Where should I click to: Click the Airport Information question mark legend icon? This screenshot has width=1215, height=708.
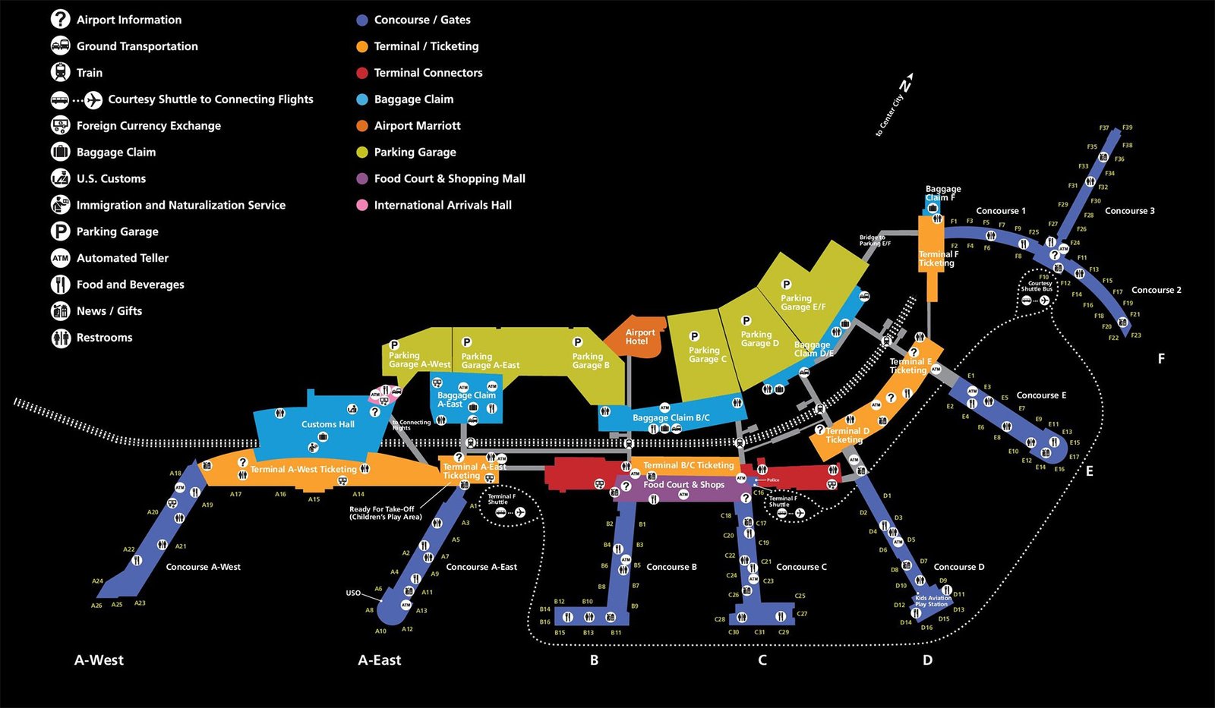(60, 20)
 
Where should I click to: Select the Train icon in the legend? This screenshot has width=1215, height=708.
(60, 73)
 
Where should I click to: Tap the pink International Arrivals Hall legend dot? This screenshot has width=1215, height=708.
(362, 205)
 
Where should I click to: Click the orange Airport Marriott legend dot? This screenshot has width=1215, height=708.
(362, 126)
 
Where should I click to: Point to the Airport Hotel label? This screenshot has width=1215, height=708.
(639, 337)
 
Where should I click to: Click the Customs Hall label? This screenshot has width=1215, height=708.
(327, 424)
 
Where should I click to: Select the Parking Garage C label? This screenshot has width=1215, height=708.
(707, 354)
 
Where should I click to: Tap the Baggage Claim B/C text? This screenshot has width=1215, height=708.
(671, 417)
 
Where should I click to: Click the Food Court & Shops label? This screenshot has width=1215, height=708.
(683, 484)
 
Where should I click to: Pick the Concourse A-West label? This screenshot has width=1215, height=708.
(203, 567)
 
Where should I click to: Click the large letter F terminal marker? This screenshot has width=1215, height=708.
(1160, 359)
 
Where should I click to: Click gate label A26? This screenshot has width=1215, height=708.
(96, 606)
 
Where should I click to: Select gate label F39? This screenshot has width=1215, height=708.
(1127, 127)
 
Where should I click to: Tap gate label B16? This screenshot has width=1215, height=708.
(544, 621)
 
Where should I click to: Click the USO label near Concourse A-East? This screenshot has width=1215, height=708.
(353, 593)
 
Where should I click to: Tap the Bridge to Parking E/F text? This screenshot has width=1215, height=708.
(874, 241)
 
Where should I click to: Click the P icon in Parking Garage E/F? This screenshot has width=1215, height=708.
(786, 285)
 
